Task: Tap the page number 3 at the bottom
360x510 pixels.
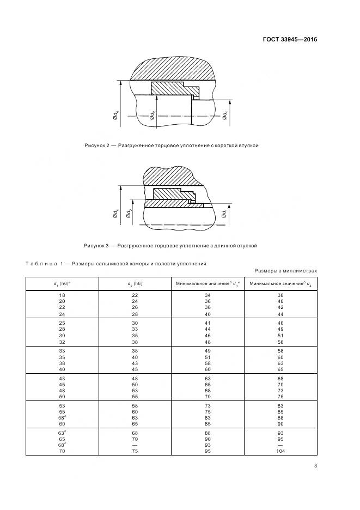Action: click(315, 465)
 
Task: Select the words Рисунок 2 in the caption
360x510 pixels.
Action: click(97, 146)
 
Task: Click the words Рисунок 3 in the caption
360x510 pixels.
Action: click(97, 246)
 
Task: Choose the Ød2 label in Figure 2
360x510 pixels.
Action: click(152, 116)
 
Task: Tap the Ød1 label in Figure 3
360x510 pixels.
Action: click(224, 215)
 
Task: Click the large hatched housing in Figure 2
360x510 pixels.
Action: click(174, 65)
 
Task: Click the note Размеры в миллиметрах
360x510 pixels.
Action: click(285, 271)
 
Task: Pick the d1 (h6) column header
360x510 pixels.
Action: click(62, 283)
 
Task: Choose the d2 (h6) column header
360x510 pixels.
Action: click(135, 283)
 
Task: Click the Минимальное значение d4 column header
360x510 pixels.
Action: click(280, 283)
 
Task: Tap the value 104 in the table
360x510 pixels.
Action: click(280, 451)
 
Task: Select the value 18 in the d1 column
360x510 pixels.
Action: click(62, 295)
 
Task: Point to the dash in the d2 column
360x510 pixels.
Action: click(135, 444)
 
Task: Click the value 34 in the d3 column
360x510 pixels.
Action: click(208, 295)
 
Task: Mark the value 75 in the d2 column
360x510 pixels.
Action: click(135, 451)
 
